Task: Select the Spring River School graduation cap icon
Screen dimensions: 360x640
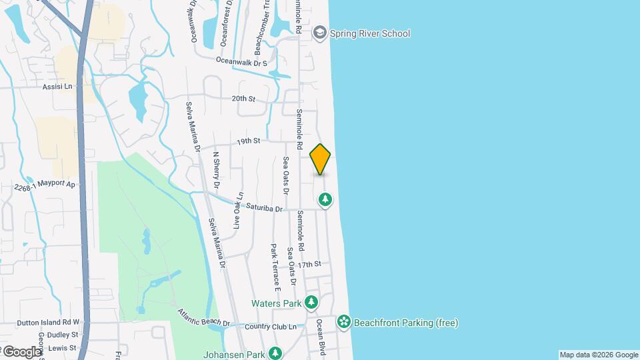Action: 320,33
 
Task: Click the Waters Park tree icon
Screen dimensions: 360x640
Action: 311,303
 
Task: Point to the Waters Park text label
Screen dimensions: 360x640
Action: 277,303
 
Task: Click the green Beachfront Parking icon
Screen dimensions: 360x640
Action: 343,323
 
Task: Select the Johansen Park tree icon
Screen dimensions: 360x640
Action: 275,353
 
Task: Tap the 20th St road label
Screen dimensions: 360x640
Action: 243,99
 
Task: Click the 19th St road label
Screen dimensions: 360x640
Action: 247,141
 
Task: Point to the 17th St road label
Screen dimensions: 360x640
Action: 309,265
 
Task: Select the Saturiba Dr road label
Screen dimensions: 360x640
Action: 265,209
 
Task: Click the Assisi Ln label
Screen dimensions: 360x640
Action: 57,87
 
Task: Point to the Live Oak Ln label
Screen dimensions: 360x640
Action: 237,213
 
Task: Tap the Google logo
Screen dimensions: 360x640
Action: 22,351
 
